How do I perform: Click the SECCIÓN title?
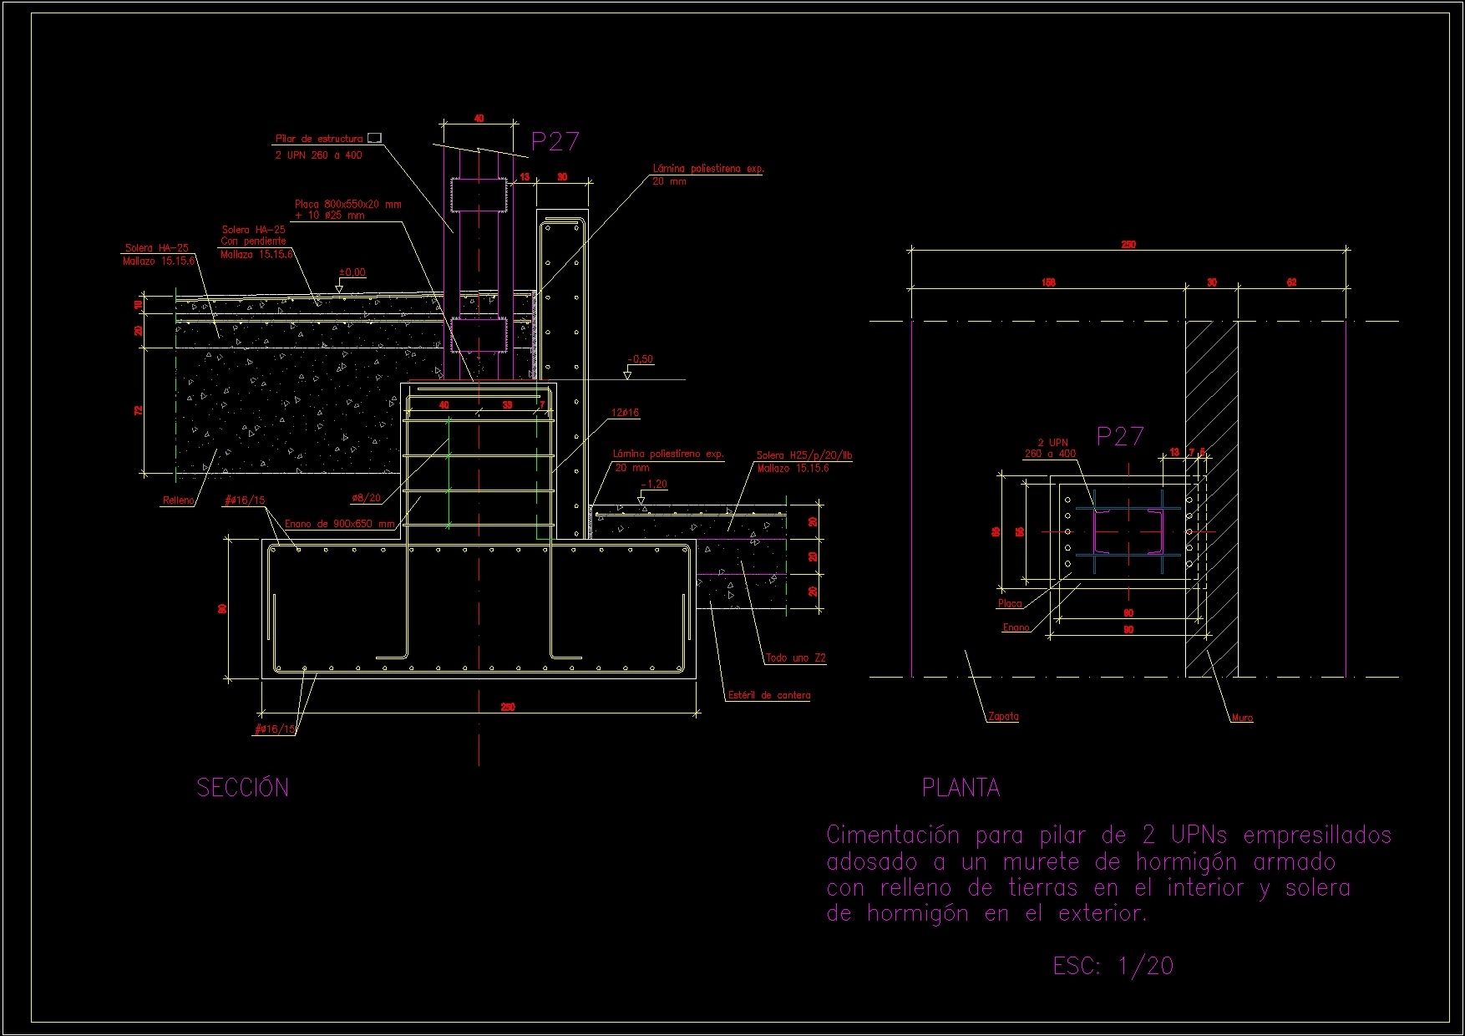tap(242, 788)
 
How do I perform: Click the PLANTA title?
tap(961, 788)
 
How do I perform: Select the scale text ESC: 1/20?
tap(1113, 967)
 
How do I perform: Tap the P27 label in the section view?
tap(555, 142)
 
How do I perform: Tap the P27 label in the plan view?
tap(1119, 436)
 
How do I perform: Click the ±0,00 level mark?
tap(352, 272)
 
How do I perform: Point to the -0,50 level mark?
tap(641, 359)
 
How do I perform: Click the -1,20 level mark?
tap(654, 485)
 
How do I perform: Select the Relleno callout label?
tap(178, 500)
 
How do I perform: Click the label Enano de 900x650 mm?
tap(339, 524)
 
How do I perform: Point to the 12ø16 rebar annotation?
tap(625, 413)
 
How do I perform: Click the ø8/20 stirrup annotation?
tap(366, 498)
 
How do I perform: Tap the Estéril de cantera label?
tap(768, 695)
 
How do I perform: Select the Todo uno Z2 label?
tap(795, 658)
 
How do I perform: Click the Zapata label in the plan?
tap(1003, 716)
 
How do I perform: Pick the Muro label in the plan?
tap(1242, 718)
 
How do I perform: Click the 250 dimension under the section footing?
tap(507, 707)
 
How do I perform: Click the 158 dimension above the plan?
tap(1048, 282)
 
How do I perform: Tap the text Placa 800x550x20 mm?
tap(347, 204)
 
